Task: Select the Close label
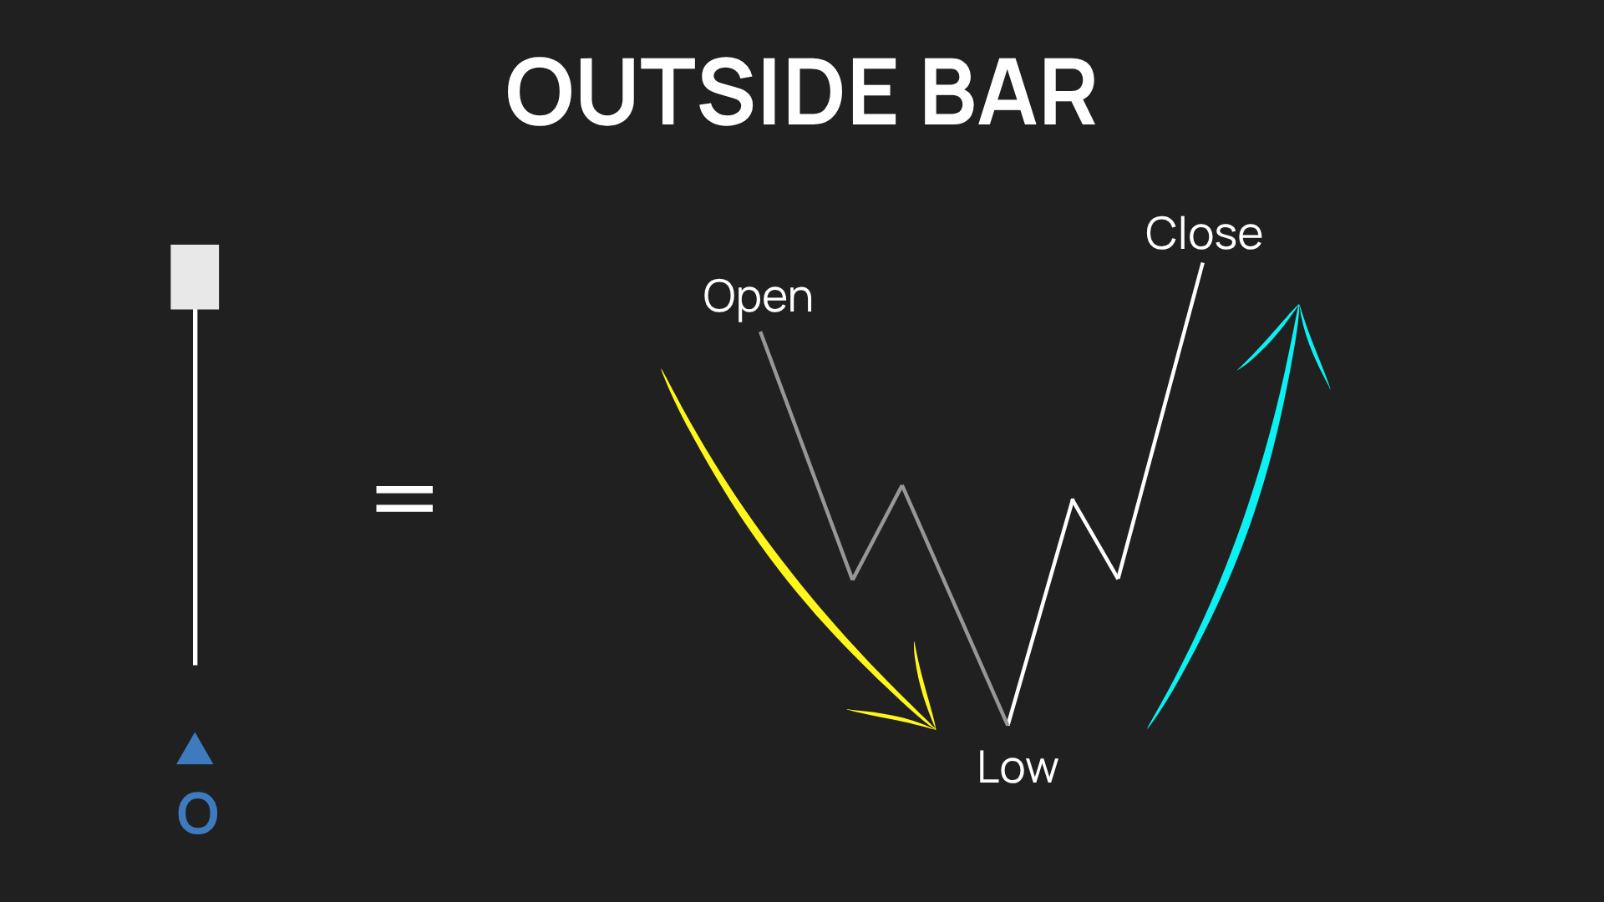[1204, 233]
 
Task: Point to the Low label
[1018, 768]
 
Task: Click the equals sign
[404, 499]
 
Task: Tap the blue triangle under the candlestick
[195, 749]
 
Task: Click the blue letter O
[198, 813]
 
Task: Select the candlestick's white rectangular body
[195, 276]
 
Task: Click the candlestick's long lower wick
[195, 487]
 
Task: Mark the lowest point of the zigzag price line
[1008, 723]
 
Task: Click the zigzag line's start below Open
[761, 333]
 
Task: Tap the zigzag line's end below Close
[1202, 265]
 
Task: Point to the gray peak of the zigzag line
[902, 486]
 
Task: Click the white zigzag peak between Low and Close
[1073, 500]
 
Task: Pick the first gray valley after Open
[852, 578]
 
